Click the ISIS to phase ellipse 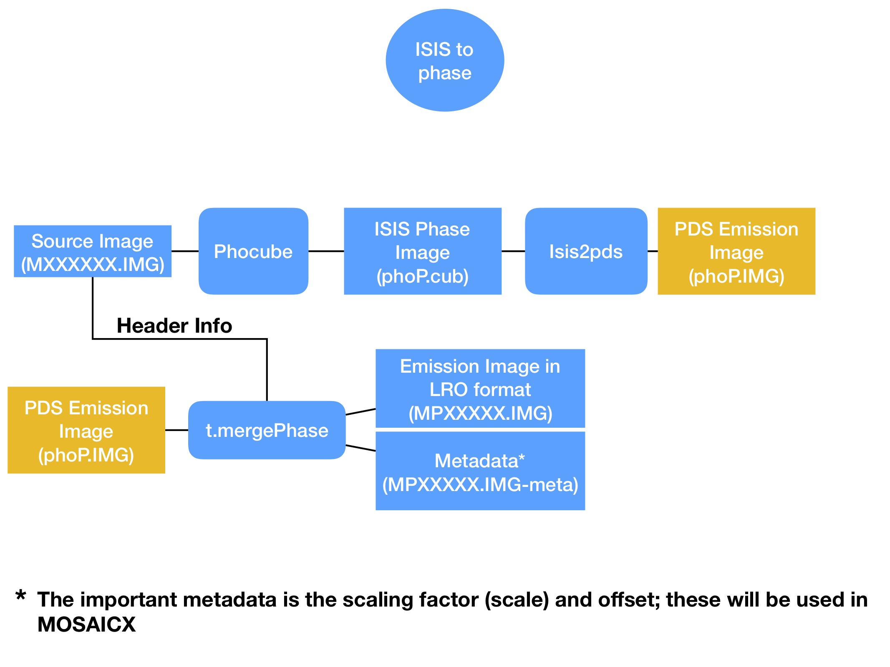445,60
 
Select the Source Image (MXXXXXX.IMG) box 92,251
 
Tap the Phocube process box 253,251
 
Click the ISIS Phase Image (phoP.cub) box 422,251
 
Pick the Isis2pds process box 586,251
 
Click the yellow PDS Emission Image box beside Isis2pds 736,251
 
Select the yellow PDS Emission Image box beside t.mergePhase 86,430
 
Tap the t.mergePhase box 267,430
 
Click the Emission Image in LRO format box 480,389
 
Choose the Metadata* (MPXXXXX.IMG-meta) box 480,471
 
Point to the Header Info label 174,326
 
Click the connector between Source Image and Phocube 185,251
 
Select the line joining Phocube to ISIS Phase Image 326,251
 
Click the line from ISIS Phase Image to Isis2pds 513,251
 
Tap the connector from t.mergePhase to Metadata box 361,448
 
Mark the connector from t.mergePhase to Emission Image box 361,412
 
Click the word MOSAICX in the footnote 86,624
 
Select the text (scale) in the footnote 517,600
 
